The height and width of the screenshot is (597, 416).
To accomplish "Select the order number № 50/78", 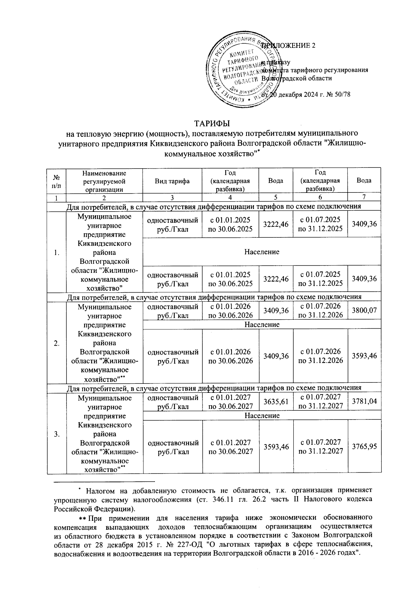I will click(339, 95).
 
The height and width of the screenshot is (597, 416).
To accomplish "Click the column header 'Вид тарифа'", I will click(172, 181).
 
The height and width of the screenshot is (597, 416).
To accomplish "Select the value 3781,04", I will click(364, 401).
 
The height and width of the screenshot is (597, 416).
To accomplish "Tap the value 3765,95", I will click(364, 447).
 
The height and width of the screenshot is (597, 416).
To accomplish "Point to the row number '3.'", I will click(57, 434).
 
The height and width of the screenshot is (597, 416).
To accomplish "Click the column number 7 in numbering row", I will click(364, 197).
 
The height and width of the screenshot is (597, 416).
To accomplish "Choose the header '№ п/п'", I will click(57, 181).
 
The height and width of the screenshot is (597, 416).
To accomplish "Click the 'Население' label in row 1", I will click(262, 252).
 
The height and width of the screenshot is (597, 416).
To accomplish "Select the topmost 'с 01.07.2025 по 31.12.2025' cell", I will click(320, 224).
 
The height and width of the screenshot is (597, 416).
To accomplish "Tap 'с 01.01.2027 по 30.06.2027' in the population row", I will click(230, 447).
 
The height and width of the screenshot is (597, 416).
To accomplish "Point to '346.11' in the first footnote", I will click(224, 500).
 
